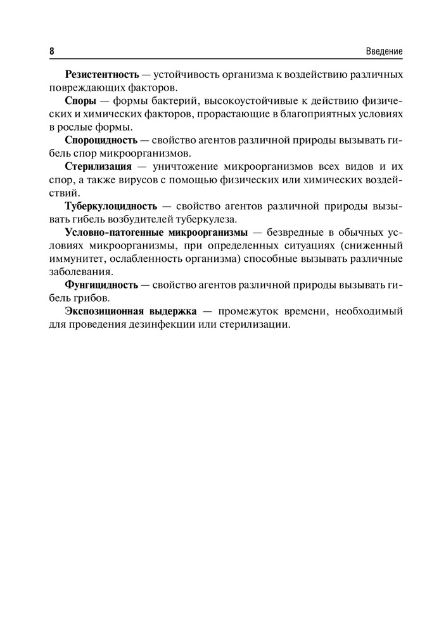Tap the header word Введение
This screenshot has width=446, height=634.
[x=385, y=51]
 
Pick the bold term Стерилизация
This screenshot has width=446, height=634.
[x=98, y=167]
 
